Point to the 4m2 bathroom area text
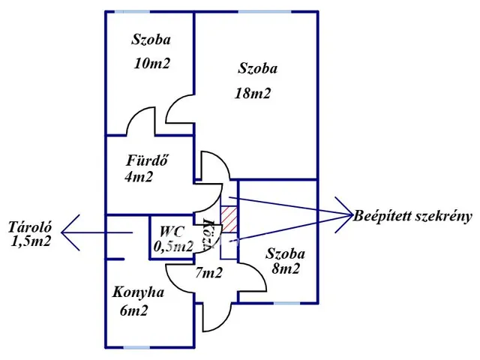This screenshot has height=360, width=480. pyautogui.click(x=139, y=178)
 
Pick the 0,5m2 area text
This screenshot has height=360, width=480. pyautogui.click(x=173, y=245)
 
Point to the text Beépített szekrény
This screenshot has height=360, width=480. pyautogui.click(x=415, y=217)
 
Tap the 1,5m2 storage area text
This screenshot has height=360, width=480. pyautogui.click(x=31, y=242)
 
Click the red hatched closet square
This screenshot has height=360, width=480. pyautogui.click(x=229, y=218)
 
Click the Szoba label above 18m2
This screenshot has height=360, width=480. pyautogui.click(x=257, y=69)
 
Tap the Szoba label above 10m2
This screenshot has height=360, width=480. pyautogui.click(x=150, y=40)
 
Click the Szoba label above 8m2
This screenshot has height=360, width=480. pyautogui.click(x=286, y=253)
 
